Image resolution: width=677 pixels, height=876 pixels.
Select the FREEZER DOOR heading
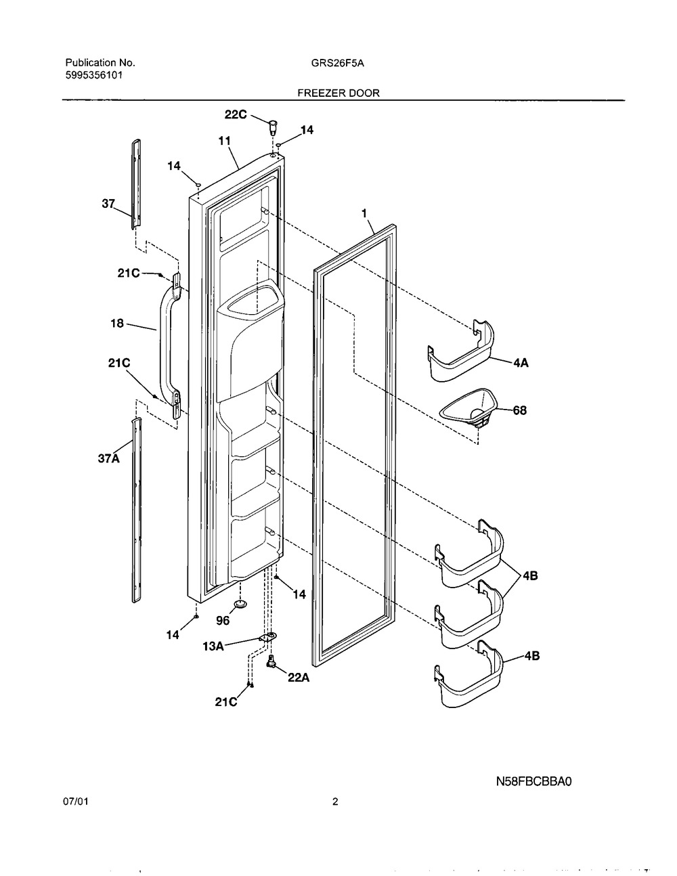pos(338,93)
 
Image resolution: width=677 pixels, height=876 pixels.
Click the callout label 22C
pos(236,116)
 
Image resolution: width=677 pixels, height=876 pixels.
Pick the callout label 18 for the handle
pos(117,324)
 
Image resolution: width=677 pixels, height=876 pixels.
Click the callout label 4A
pos(521,363)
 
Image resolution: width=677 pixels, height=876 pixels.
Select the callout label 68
pos(520,410)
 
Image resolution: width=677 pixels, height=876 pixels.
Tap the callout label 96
pos(223,619)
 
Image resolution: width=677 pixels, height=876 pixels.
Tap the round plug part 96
pos(240,603)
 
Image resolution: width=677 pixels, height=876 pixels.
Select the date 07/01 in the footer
pos(74,803)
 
